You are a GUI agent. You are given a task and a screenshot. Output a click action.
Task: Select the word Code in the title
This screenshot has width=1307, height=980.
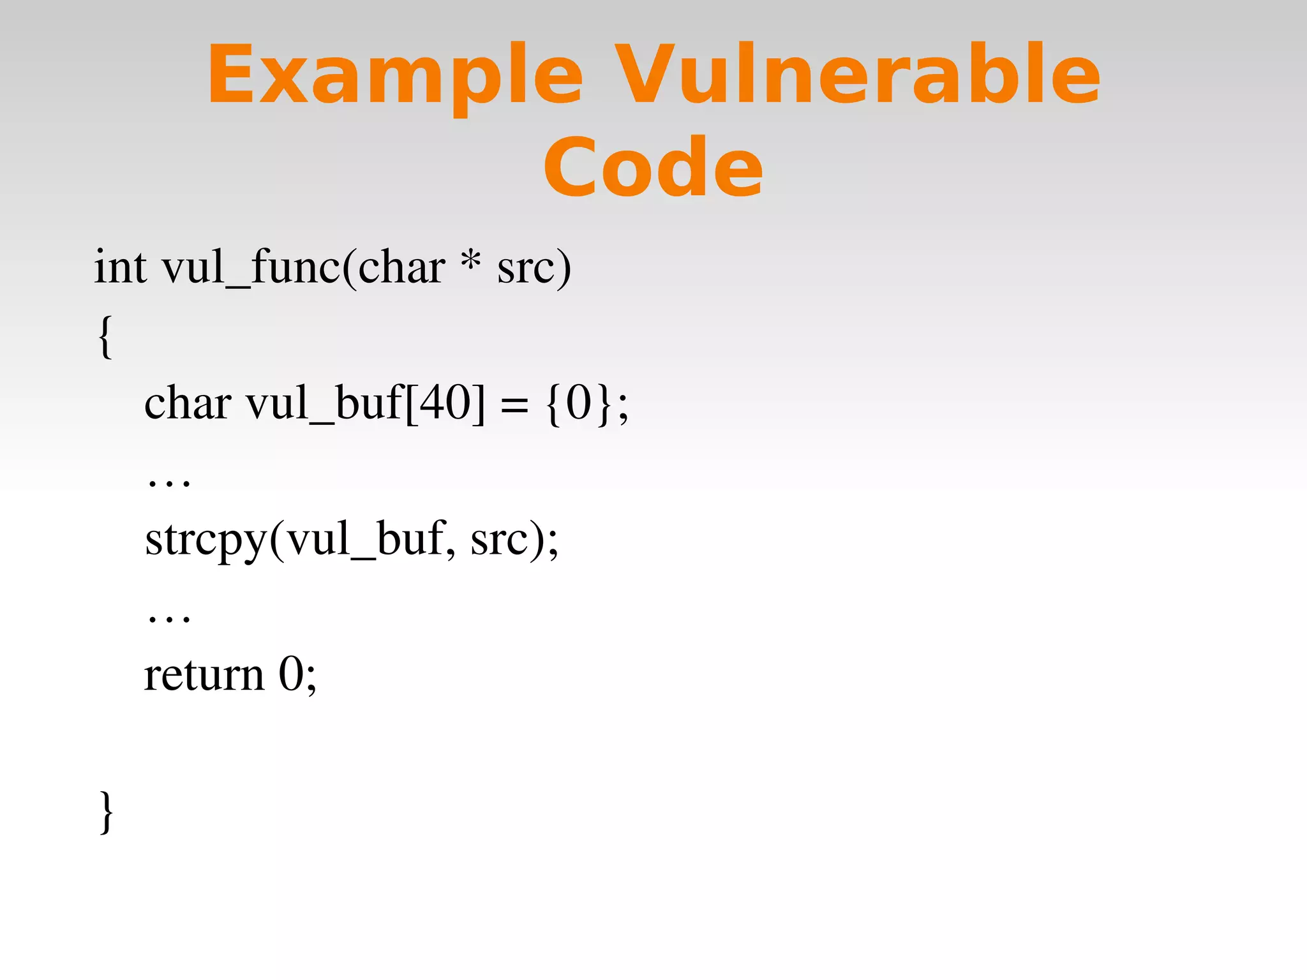653,167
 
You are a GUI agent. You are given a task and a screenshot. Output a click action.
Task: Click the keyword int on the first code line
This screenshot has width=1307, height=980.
121,267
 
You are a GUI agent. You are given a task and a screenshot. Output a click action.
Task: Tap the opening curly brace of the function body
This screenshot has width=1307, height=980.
105,336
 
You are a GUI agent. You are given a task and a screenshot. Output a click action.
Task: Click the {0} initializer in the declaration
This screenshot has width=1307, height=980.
579,403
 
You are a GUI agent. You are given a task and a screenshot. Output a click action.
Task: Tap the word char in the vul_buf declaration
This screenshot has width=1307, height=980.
188,403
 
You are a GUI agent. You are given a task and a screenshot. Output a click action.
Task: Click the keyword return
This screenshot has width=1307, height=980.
204,675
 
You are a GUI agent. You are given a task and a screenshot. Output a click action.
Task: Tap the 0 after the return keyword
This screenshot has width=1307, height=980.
291,674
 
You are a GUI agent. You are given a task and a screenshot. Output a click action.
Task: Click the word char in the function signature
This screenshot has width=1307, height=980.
401,267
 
